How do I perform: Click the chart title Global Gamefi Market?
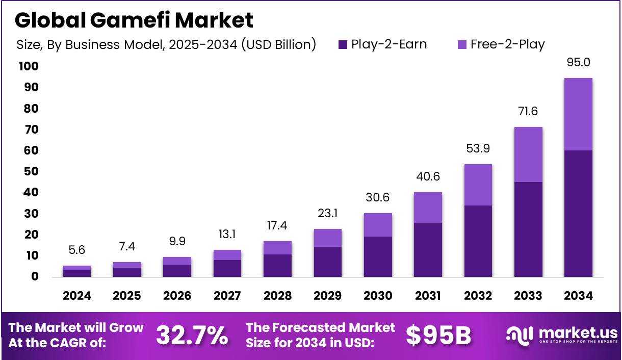pyautogui.click(x=134, y=20)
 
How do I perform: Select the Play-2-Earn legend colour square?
pyautogui.click(x=343, y=45)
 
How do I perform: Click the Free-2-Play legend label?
pyautogui.click(x=507, y=44)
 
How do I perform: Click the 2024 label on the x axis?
pyautogui.click(x=77, y=296)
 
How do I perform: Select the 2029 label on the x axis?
pyautogui.click(x=328, y=296)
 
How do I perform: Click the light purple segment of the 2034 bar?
pyautogui.click(x=578, y=114)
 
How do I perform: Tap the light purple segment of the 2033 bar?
pyautogui.click(x=528, y=155)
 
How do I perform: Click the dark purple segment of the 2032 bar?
pyautogui.click(x=478, y=241)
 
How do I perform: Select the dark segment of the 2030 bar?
pyautogui.click(x=378, y=256)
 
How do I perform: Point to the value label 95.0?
pyautogui.click(x=578, y=62)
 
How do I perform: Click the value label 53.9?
pyautogui.click(x=478, y=148)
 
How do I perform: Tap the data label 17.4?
pyautogui.click(x=277, y=225)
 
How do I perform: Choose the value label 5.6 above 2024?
pyautogui.click(x=77, y=250)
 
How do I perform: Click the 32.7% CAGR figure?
pyautogui.click(x=192, y=335)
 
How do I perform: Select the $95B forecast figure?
pyautogui.click(x=438, y=335)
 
